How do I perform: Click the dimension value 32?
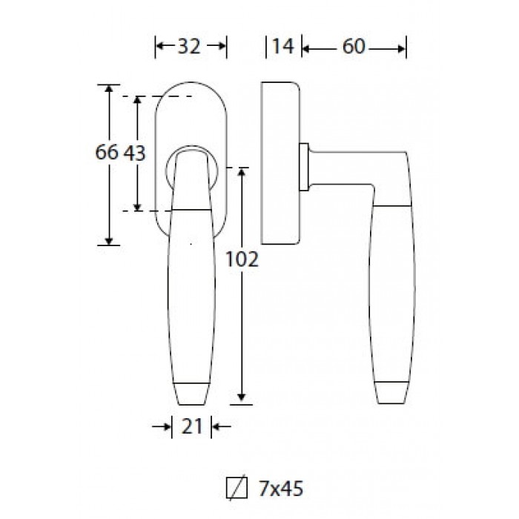click(x=189, y=46)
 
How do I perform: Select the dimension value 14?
click(x=283, y=46)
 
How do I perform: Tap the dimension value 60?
click(x=354, y=46)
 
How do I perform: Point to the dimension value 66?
click(x=107, y=153)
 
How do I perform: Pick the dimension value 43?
click(x=134, y=153)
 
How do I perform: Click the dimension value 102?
click(x=242, y=259)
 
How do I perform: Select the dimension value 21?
click(x=191, y=426)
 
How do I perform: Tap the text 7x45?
click(x=281, y=489)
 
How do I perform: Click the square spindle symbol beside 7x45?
click(x=237, y=488)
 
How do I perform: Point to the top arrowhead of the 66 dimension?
click(x=109, y=88)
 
